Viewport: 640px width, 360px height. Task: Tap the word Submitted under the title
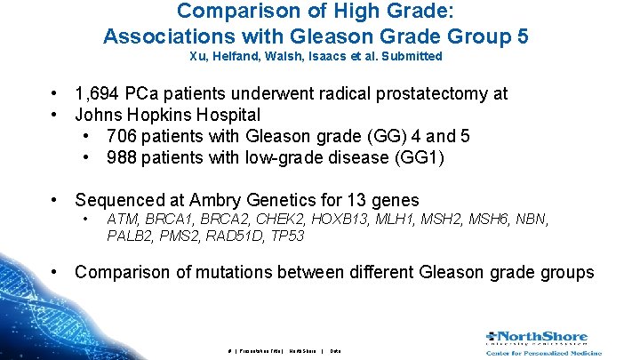coord(411,56)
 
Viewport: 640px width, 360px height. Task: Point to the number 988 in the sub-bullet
coord(121,157)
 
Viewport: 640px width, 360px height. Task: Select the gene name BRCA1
coord(170,219)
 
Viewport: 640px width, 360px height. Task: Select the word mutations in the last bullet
coord(273,272)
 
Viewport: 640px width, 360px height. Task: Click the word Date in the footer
coord(335,351)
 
